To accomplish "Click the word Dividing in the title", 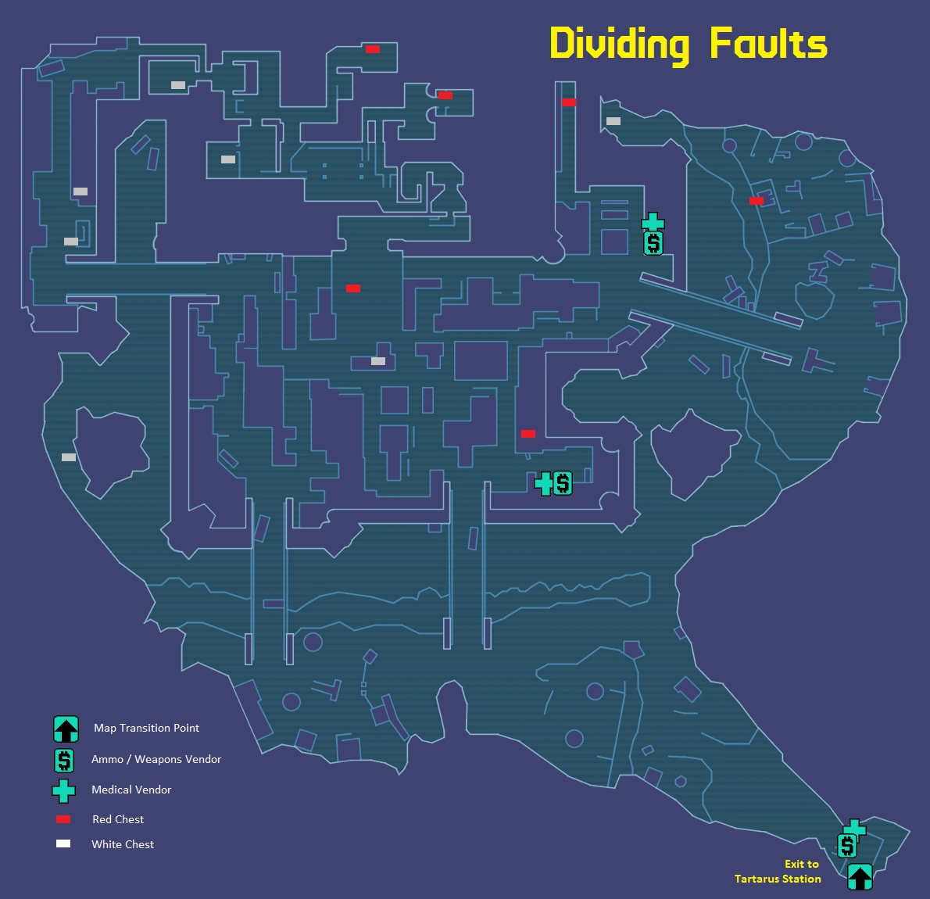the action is (619, 45).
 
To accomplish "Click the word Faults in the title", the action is (768, 44).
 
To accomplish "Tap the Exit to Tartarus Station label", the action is (778, 871).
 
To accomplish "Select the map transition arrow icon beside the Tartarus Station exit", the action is (860, 876).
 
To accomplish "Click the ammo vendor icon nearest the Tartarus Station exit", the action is (846, 845).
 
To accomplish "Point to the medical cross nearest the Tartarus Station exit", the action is (855, 829).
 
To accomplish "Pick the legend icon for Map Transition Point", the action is (66, 729).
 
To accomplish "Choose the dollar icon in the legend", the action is (64, 760).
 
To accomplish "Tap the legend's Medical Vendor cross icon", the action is (63, 790).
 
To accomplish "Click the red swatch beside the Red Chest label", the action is (63, 819).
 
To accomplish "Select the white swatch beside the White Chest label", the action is (63, 843).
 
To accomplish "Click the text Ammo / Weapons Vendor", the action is (156, 759).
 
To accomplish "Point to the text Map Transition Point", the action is (146, 728).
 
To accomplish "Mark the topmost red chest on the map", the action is (373, 49).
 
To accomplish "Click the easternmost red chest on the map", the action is (756, 201).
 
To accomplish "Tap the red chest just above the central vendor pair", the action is (528, 434).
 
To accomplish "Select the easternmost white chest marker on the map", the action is (613, 121).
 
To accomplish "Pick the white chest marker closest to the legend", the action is (69, 457).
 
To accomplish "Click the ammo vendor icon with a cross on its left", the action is (562, 483).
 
